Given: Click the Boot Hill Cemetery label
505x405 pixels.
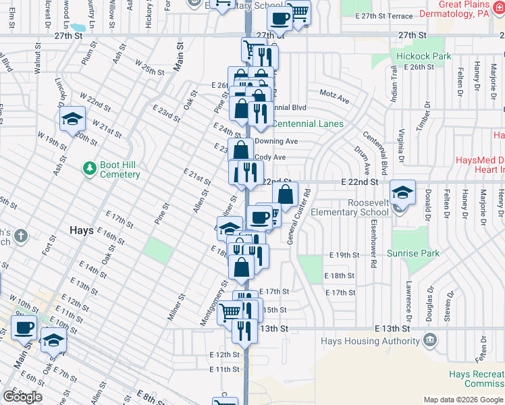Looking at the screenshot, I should pos(110,169).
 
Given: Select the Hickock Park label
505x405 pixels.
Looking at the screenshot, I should pos(424,57).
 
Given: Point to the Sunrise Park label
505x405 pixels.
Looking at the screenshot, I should pos(413,254).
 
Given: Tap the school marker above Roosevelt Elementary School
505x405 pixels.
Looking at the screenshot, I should pos(402,192).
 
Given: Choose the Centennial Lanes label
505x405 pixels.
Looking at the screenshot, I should pos(308,124).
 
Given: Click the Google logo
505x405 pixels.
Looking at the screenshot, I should pos(22,396).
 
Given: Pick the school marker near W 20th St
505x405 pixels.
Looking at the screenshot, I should pos(72,119).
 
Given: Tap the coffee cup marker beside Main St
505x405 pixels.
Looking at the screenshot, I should pos(24,328).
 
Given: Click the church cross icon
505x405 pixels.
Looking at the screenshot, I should pos(21,236).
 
